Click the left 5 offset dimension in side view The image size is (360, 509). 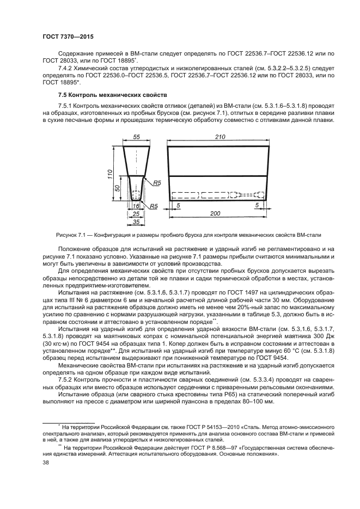coord(179,205)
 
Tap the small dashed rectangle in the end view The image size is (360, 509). coord(136,194)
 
